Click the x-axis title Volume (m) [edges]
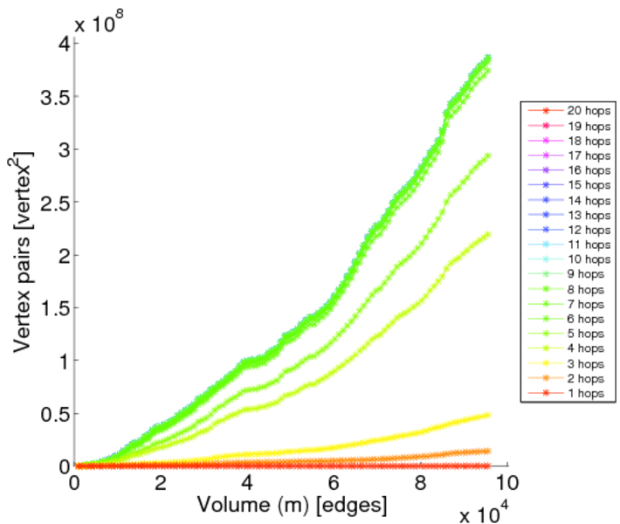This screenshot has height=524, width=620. coord(293,505)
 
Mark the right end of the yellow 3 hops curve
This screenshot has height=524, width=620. coord(487,415)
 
